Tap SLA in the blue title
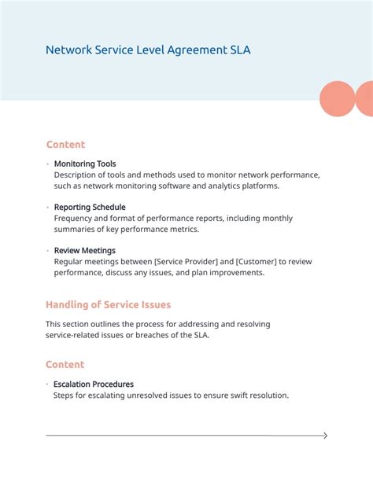241,50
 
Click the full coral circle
338,98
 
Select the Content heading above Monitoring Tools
65,145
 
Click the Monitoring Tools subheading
85,164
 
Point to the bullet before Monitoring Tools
47,164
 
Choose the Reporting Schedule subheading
90,207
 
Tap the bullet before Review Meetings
47,251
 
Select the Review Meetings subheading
85,251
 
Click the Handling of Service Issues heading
108,304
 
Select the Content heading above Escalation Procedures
65,365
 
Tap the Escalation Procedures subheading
93,384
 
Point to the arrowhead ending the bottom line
325,436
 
